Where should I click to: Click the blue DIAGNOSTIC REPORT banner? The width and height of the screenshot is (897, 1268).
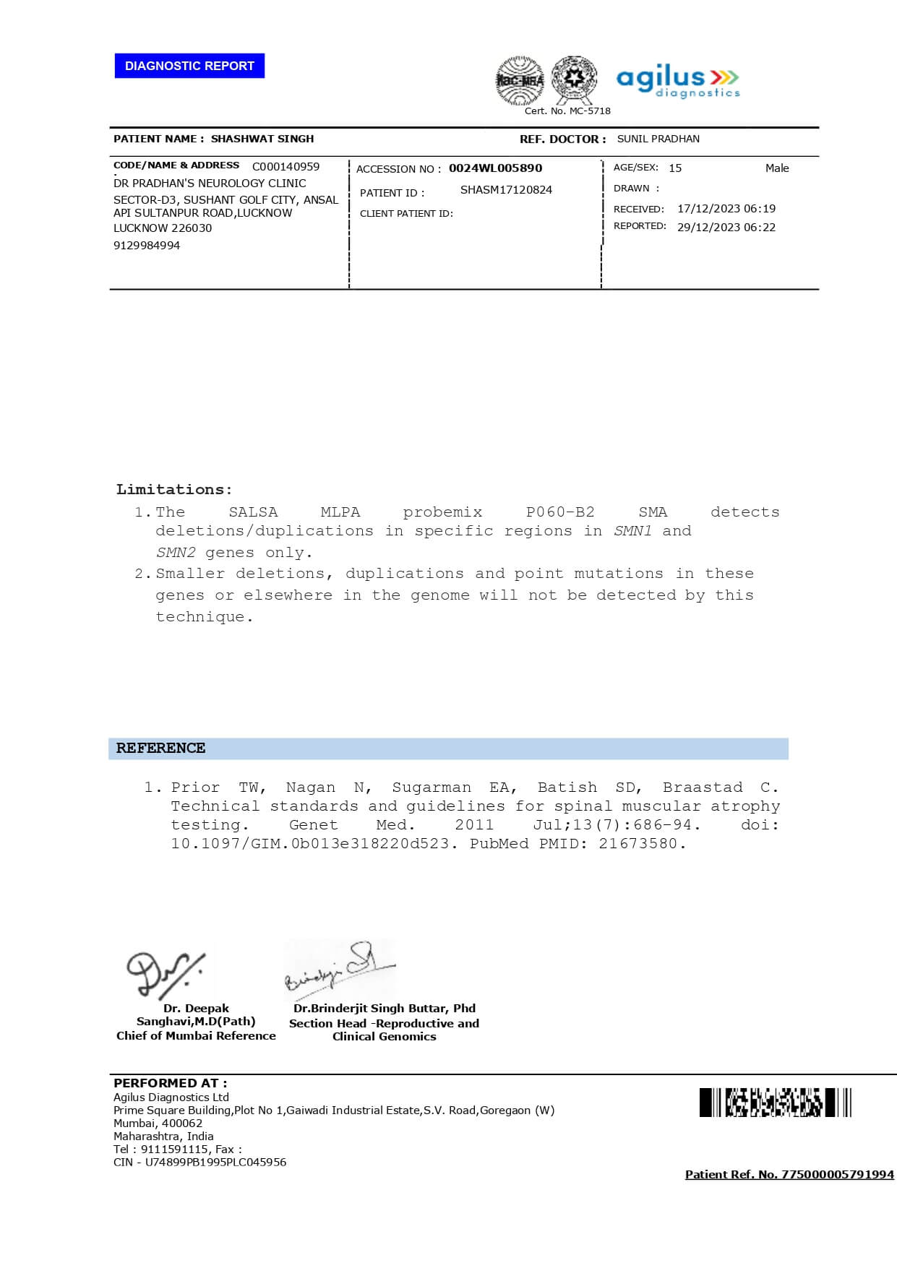[189, 66]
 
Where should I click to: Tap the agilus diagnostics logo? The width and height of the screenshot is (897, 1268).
[678, 82]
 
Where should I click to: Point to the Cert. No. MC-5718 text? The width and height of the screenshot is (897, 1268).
[567, 111]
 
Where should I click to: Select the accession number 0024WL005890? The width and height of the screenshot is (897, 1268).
[495, 168]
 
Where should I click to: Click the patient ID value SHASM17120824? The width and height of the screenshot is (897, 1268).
[506, 190]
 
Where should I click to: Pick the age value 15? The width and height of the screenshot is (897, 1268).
[675, 168]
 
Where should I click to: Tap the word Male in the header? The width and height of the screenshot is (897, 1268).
[777, 168]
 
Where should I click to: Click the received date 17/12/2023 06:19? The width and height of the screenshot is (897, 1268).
[726, 209]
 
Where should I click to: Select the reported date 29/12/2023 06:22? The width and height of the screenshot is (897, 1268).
[726, 228]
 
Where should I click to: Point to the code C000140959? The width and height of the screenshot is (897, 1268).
[286, 166]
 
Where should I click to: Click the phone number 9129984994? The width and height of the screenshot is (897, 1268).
[147, 246]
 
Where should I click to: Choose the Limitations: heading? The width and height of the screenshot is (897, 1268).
[174, 490]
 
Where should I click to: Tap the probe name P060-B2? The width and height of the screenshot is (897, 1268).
[560, 512]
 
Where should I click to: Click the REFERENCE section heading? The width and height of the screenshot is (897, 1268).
[160, 749]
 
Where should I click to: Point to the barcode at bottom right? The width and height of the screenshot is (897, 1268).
[775, 1103]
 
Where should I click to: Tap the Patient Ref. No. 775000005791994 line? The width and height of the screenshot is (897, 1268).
[789, 1175]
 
